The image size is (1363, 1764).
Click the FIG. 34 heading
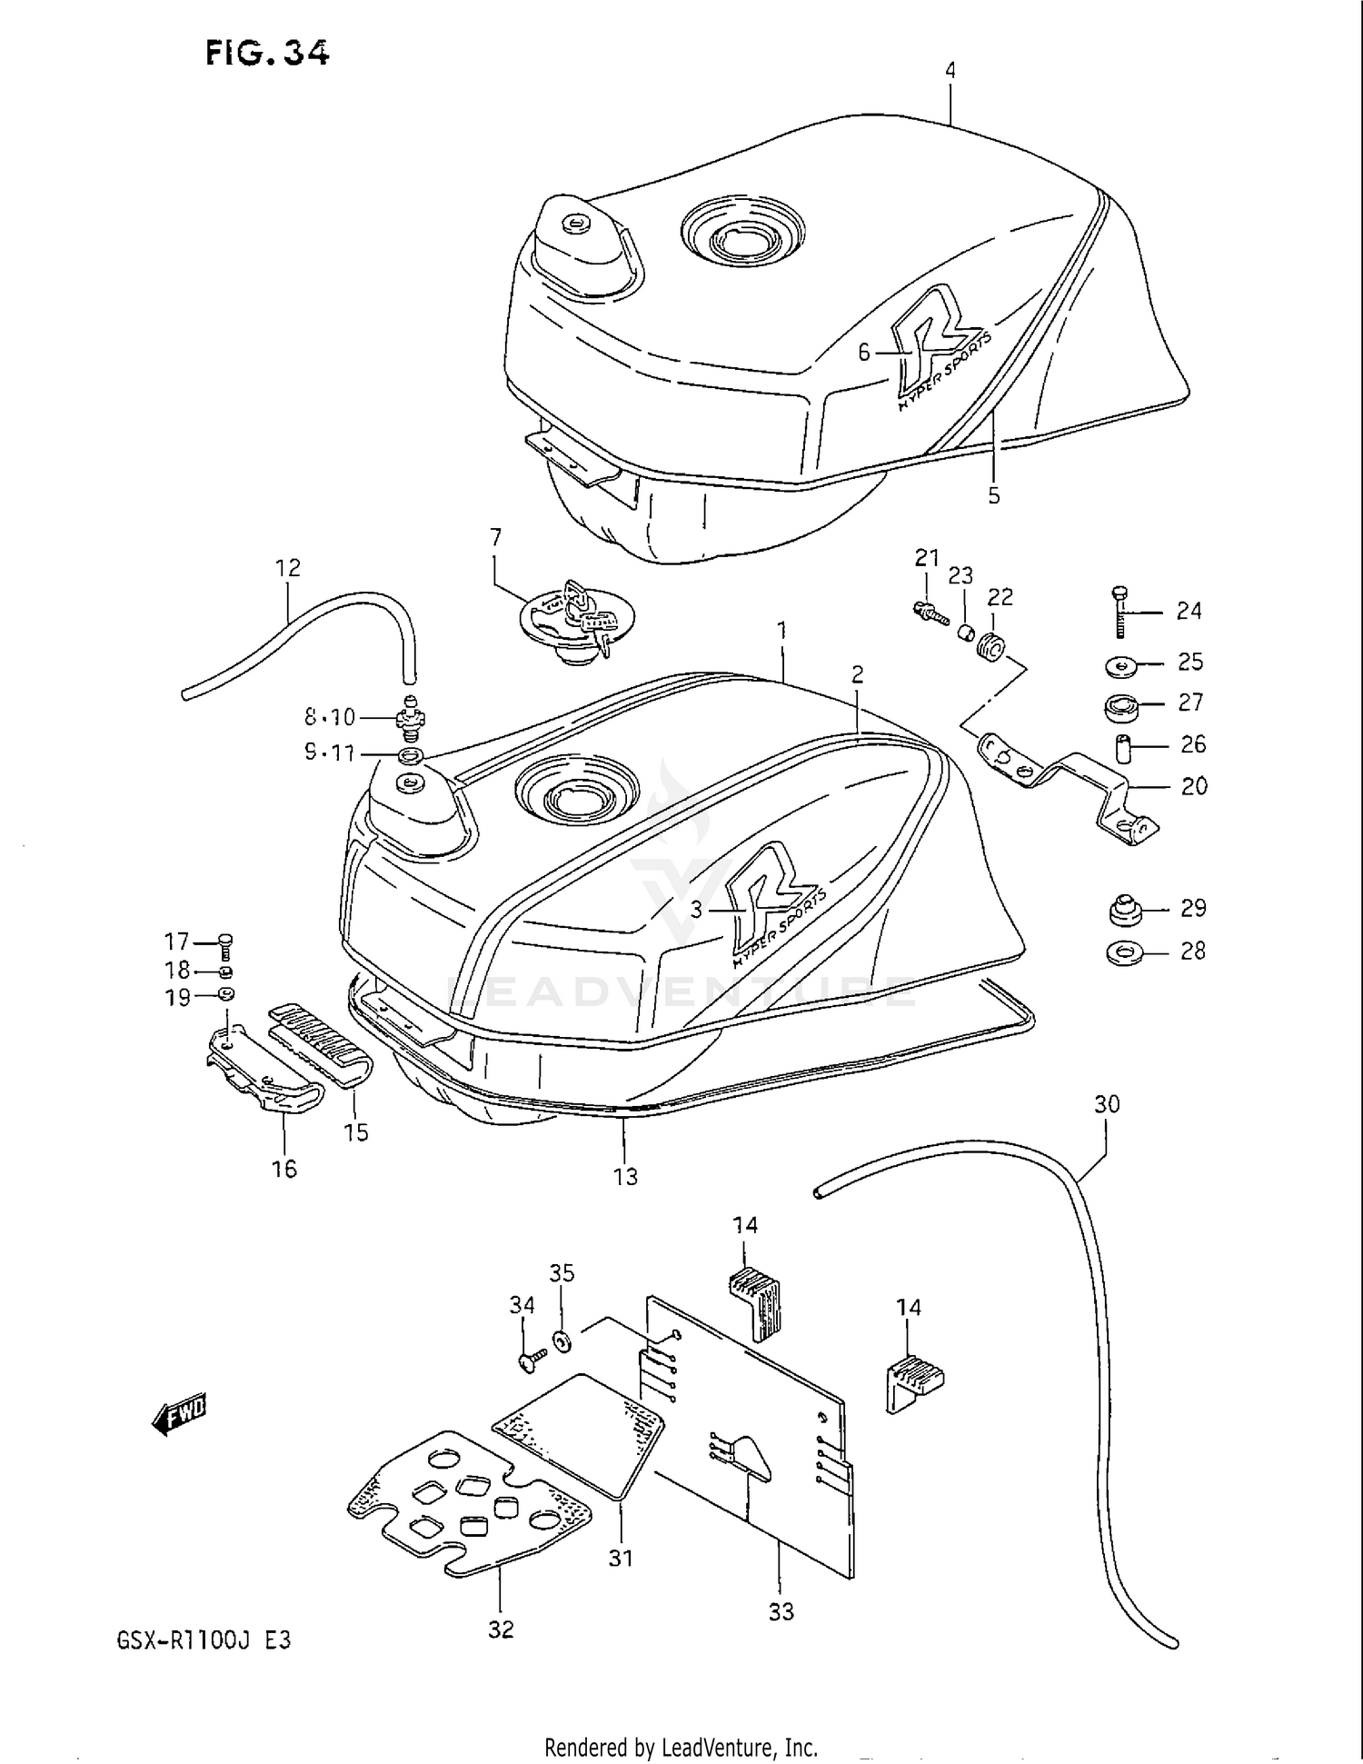tap(266, 54)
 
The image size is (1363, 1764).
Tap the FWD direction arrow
tap(180, 1414)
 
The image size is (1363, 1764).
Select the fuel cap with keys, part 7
tap(575, 620)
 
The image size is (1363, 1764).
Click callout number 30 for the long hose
tap(1106, 1104)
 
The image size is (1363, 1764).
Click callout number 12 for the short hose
tap(287, 568)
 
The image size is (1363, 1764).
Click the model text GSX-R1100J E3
tap(204, 1641)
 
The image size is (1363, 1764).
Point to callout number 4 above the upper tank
tap(950, 70)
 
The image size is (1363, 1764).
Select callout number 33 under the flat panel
tap(781, 1611)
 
